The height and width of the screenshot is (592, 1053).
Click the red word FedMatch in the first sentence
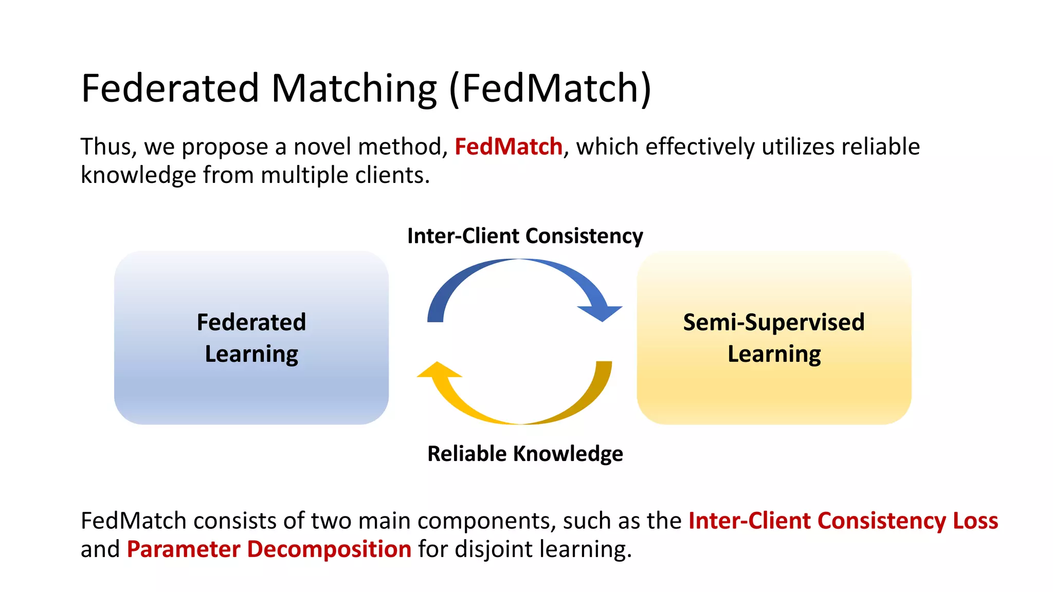click(x=508, y=147)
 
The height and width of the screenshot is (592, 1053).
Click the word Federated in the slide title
click(x=170, y=88)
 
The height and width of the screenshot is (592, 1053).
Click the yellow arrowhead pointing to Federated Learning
click(x=439, y=370)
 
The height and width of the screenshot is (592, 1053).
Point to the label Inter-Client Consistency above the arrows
click(x=525, y=236)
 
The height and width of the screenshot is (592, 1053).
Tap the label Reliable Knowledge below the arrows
click(x=525, y=454)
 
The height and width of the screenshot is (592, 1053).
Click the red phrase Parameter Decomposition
click(x=269, y=549)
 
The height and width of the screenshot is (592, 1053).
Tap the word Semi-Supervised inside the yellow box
click(x=773, y=323)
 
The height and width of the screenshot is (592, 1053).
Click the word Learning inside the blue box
click(x=251, y=354)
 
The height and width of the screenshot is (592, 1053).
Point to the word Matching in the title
click(x=354, y=88)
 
